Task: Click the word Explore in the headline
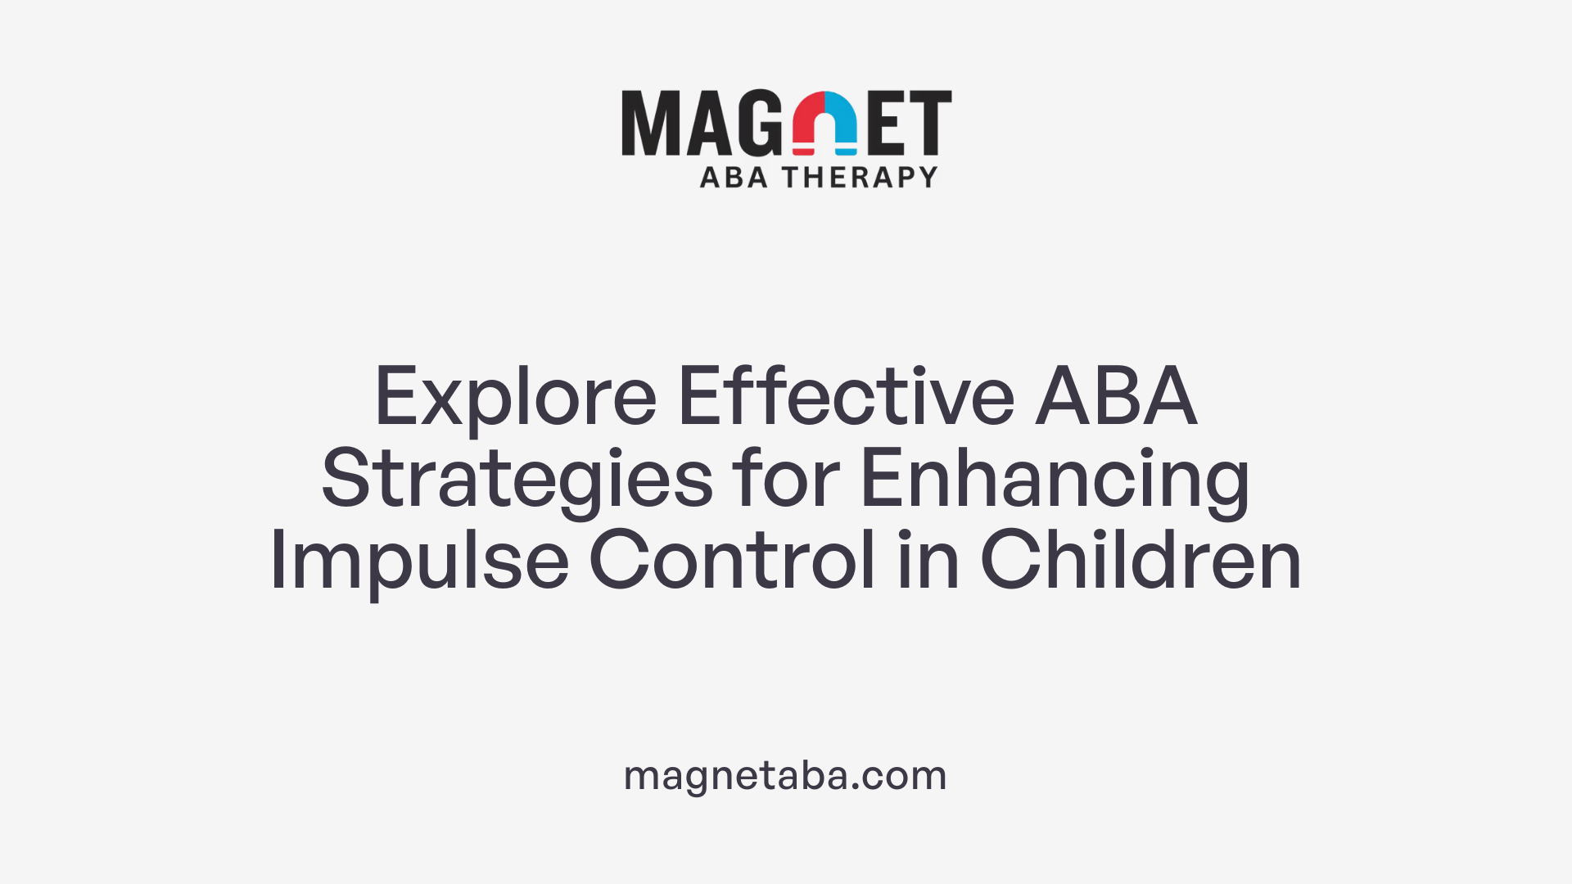pos(515,398)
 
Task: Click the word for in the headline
pos(786,478)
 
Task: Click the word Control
pos(732,560)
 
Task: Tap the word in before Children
pos(928,560)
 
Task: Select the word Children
pos(1141,560)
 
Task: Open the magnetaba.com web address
pos(785,775)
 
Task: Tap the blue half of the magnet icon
pos(842,123)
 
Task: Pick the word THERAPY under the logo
pos(860,177)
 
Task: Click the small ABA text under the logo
pos(734,177)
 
